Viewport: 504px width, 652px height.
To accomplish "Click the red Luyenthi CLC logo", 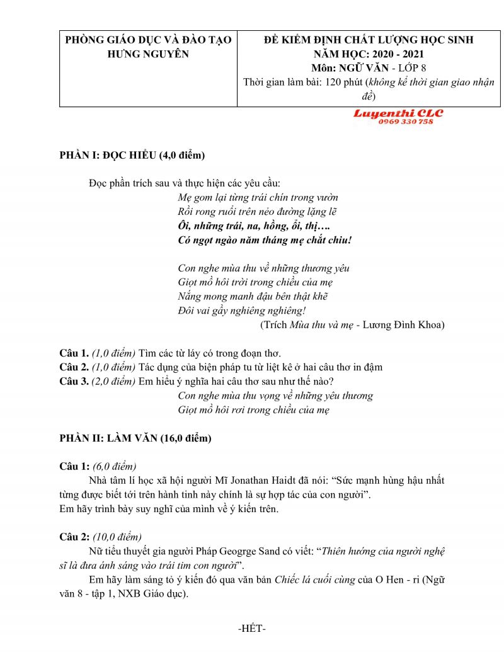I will tap(398, 113).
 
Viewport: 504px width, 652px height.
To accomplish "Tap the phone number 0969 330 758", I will tap(406, 122).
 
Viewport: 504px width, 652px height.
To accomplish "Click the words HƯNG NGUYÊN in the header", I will tap(148, 54).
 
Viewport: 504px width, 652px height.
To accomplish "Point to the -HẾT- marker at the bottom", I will tap(252, 629).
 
